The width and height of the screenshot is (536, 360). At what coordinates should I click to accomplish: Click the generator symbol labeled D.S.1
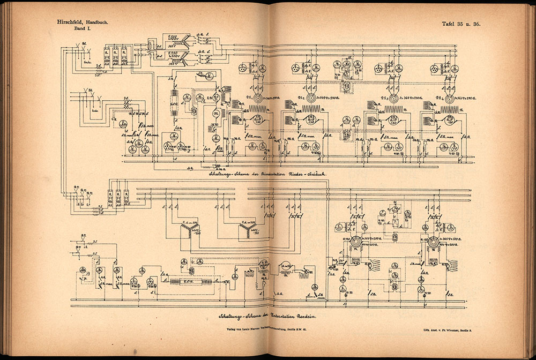tap(257, 99)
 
